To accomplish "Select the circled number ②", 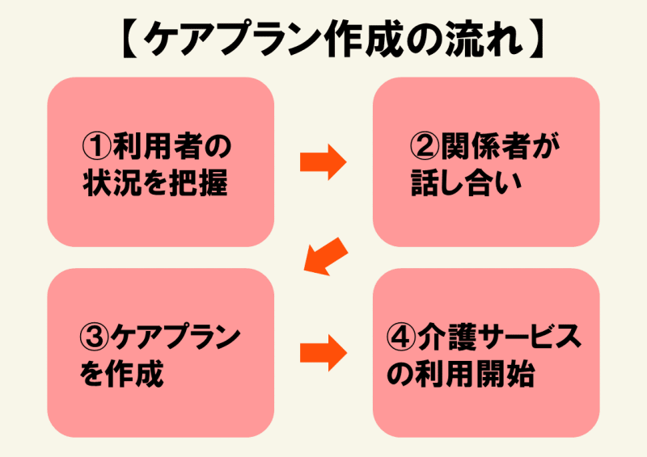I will pos(425,146).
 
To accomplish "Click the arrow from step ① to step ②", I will pos(323,162).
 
